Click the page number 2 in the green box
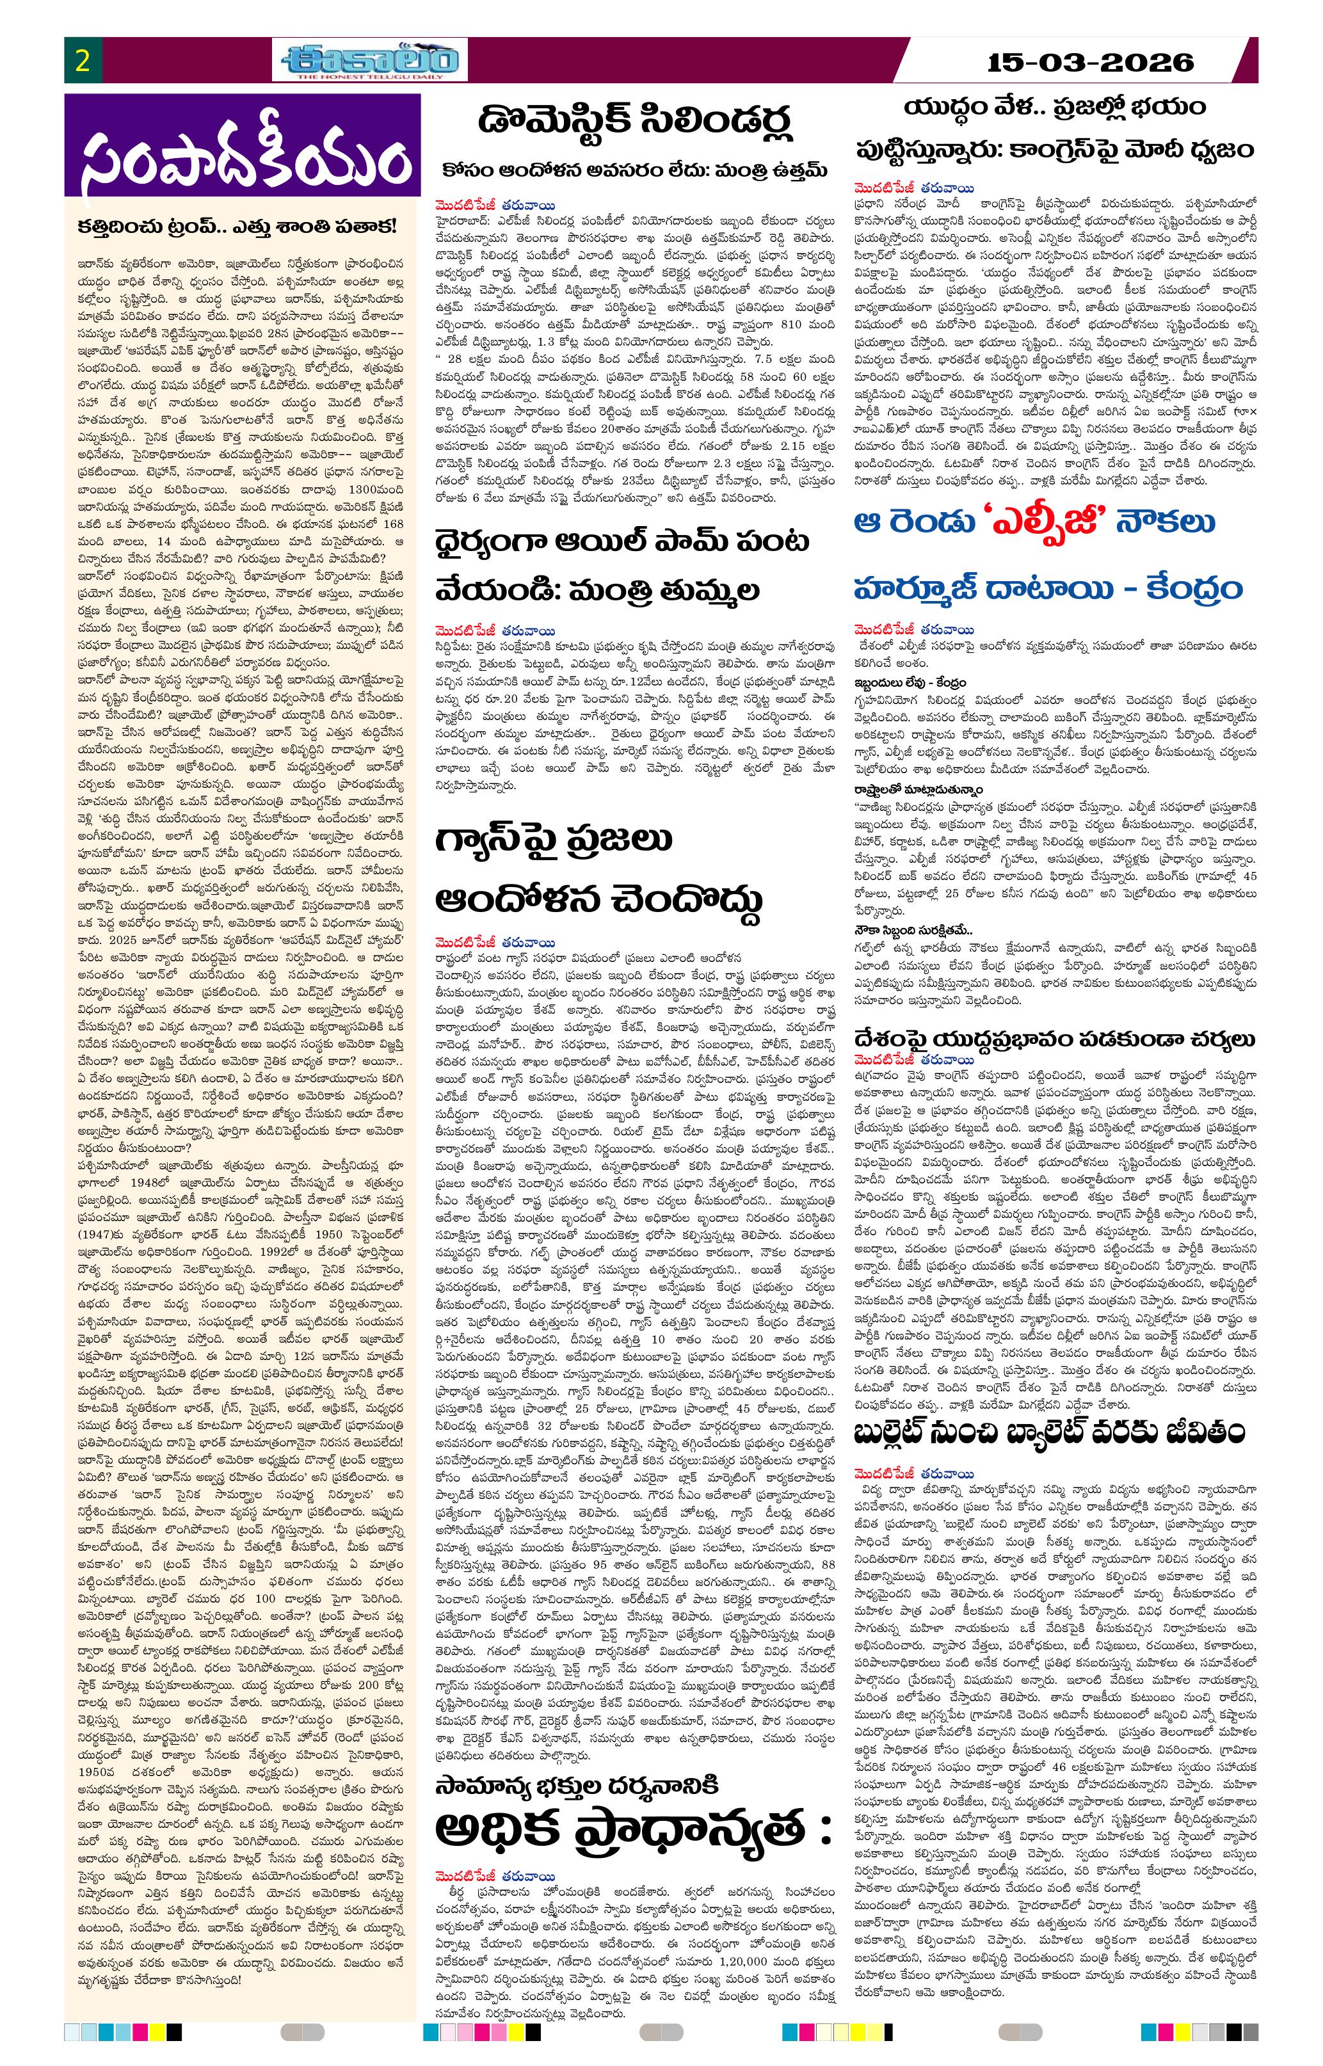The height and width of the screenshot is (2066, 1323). pos(83,61)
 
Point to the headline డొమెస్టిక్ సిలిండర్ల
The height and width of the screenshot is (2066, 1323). pos(636,122)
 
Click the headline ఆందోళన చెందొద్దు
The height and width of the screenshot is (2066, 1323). pos(600,901)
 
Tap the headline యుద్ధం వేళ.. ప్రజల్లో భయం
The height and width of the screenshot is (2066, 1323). pos(1042,108)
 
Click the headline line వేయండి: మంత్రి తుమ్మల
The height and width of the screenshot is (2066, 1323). pos(597,591)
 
